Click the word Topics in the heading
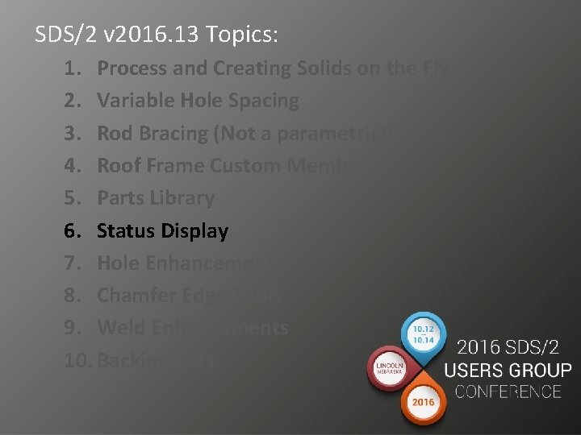click(x=241, y=35)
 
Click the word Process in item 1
click(x=132, y=68)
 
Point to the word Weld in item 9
click(x=119, y=328)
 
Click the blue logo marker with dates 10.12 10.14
click(x=424, y=334)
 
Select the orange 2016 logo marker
click(x=424, y=400)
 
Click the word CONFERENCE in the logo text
click(x=507, y=392)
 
